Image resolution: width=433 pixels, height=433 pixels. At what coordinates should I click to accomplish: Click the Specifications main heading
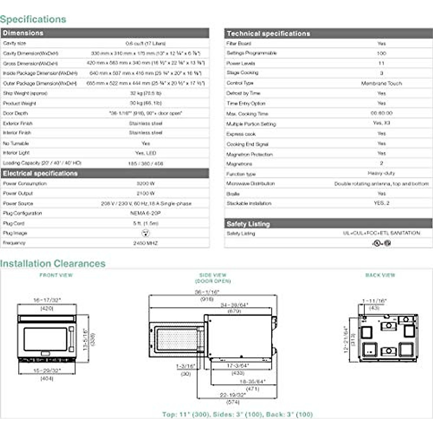[x=33, y=19]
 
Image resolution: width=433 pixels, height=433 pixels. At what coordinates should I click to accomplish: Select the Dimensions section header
[x=23, y=33]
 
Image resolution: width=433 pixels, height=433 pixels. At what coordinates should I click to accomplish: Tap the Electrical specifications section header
[x=40, y=174]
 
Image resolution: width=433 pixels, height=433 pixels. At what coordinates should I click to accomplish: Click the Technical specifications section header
[x=268, y=34]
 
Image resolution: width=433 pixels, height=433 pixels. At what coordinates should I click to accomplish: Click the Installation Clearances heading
[x=53, y=263]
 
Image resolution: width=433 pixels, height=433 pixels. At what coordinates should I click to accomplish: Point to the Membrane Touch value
[x=381, y=83]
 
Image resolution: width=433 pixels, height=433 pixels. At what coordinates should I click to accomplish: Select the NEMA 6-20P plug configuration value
[x=145, y=213]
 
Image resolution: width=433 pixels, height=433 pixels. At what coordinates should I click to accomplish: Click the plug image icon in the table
[x=145, y=233]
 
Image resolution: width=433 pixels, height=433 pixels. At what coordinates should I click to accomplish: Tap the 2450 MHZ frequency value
[x=145, y=243]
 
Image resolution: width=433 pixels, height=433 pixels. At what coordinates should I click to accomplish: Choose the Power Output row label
[x=18, y=193]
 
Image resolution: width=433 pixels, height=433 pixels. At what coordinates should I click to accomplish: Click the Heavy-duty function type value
[x=381, y=174]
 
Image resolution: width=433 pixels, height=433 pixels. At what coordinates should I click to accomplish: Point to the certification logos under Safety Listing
[x=381, y=243]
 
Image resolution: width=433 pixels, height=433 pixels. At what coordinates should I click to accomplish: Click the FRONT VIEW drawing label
[x=56, y=275]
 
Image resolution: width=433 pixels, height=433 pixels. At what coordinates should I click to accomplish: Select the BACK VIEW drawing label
[x=380, y=275]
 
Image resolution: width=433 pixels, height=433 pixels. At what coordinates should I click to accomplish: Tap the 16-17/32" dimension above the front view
[x=47, y=300]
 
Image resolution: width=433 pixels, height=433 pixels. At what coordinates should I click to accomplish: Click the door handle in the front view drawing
[x=71, y=339]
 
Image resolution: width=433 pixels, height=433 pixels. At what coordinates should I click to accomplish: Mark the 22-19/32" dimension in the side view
[x=233, y=395]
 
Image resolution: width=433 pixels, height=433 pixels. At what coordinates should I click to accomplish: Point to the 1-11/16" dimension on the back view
[x=374, y=301]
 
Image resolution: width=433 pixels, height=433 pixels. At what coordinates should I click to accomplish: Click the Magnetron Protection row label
[x=249, y=154]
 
